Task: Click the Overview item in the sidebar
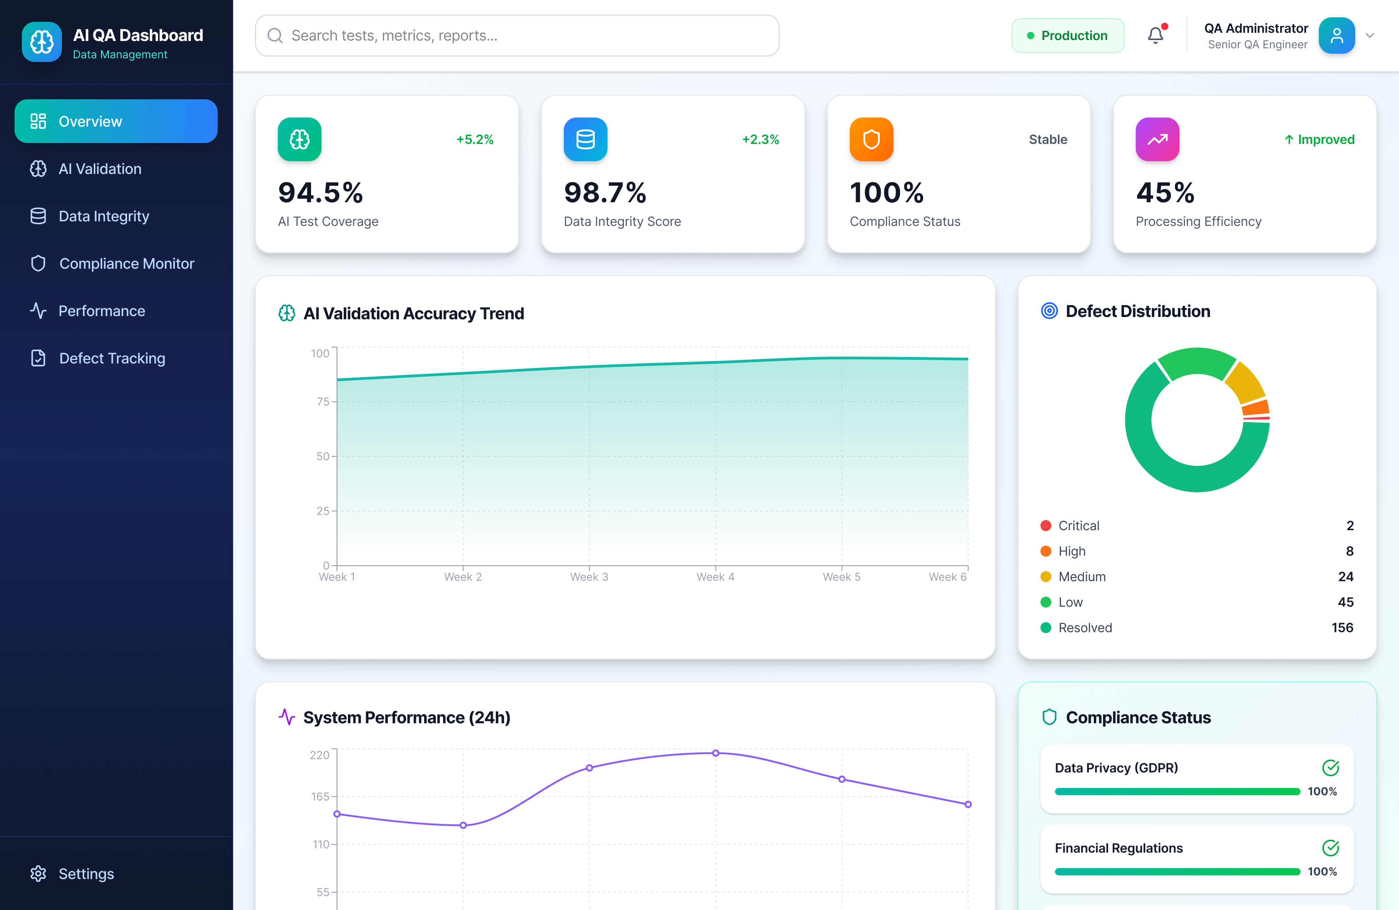[x=116, y=121]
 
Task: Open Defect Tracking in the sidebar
[x=112, y=358]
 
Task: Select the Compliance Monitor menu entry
[x=126, y=263]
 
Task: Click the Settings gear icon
[x=38, y=874]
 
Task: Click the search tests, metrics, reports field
[x=517, y=36]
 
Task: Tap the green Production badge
[x=1067, y=36]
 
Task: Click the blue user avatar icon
[x=1336, y=36]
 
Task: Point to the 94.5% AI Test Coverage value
[x=320, y=193]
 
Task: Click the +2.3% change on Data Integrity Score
[x=760, y=139]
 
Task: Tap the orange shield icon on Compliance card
[x=871, y=139]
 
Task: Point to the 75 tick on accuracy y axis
[x=323, y=402]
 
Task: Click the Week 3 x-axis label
[x=589, y=577]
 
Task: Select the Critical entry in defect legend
[x=1078, y=526]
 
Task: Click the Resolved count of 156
[x=1342, y=627]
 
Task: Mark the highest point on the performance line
[x=715, y=753]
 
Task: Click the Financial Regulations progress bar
[x=1177, y=871]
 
